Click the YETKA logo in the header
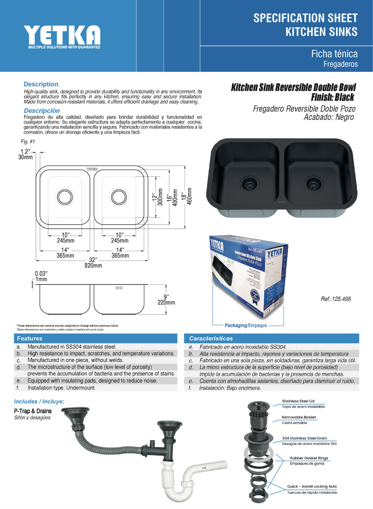click(62, 36)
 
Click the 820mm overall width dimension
click(93, 265)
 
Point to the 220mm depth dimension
click(166, 303)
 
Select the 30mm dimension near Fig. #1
click(25, 157)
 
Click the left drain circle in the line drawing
click(65, 197)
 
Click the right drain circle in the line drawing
click(119, 197)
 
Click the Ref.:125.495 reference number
click(336, 299)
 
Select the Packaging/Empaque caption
click(246, 325)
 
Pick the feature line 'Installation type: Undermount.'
click(61, 388)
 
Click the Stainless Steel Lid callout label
click(298, 401)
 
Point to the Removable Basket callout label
click(299, 417)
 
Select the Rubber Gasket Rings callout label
click(309, 458)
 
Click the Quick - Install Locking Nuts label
click(312, 486)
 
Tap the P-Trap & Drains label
click(33, 411)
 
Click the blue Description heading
click(41, 84)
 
